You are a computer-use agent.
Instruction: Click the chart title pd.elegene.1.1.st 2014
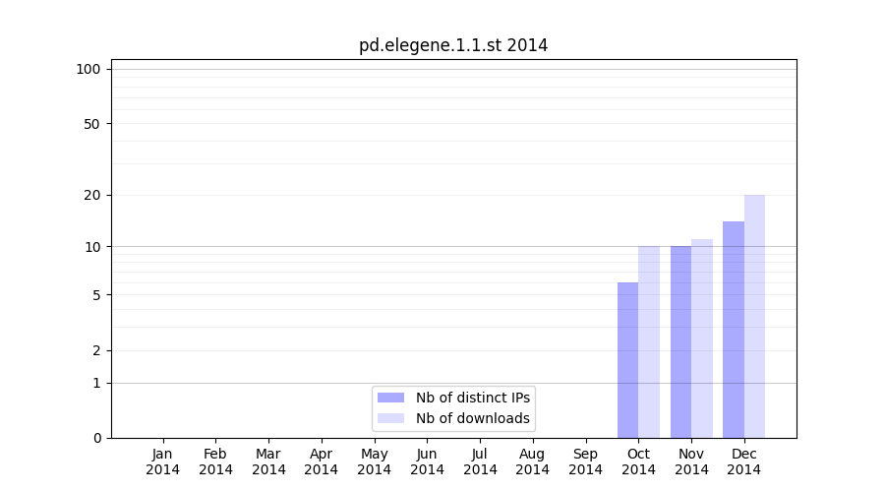point(453,45)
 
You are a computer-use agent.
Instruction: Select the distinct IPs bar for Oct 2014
point(627,360)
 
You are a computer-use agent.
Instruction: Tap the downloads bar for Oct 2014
point(649,341)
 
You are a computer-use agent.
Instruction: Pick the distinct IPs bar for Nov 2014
point(680,341)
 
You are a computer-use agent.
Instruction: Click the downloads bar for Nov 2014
point(702,338)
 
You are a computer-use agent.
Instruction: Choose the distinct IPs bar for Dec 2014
point(734,330)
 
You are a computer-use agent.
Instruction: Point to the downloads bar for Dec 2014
point(754,316)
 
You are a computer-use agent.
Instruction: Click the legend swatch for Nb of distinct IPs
point(390,398)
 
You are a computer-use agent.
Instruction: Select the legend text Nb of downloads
point(473,418)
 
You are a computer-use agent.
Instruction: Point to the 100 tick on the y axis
point(88,69)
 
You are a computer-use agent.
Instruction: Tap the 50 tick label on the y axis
point(92,124)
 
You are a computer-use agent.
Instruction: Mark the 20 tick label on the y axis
point(92,195)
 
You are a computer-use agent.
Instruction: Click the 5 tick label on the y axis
point(96,295)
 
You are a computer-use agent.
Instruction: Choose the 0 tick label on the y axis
point(96,438)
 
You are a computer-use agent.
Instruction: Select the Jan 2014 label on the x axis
point(163,461)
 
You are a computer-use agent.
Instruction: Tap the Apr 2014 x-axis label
point(322,461)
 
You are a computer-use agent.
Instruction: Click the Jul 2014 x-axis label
point(480,461)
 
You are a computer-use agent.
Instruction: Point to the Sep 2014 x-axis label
point(585,461)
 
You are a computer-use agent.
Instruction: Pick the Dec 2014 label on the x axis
point(744,461)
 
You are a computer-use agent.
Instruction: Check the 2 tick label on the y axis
point(96,350)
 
